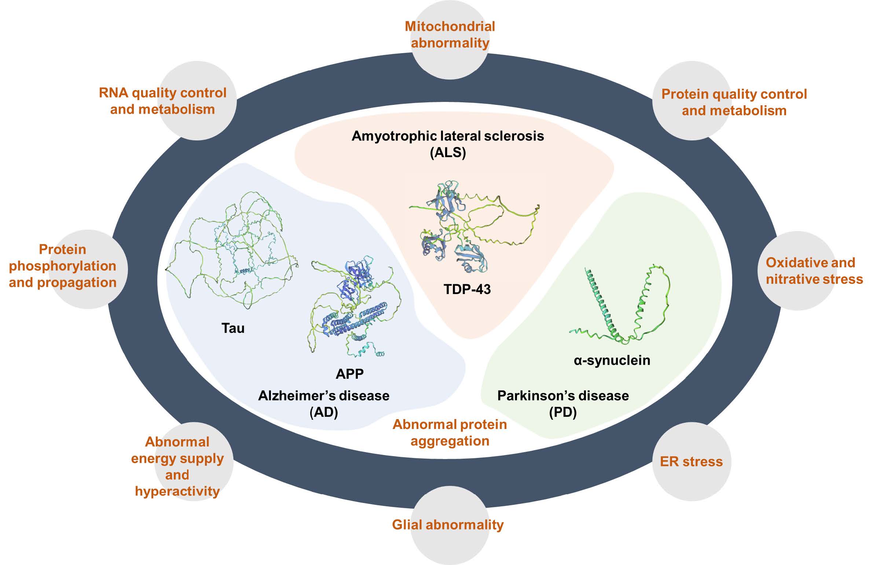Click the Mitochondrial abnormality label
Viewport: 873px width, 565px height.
pos(450,34)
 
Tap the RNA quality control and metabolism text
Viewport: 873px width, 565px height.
pos(162,101)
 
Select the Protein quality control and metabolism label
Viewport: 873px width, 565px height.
pos(734,102)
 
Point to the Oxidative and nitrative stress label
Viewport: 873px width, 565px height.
pos(814,271)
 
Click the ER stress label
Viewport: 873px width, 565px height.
pos(691,461)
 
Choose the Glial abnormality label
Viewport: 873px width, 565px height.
pos(448,524)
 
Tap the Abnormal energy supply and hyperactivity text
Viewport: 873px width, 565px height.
pos(177,466)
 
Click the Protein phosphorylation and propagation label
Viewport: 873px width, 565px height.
pos(62,265)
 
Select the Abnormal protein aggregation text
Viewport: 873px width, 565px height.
pos(450,432)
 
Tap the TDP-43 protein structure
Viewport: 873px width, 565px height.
pos(462,227)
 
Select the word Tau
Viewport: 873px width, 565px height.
pos(233,328)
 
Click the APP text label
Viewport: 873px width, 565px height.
pos(349,374)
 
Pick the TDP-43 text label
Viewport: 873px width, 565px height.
pos(467,289)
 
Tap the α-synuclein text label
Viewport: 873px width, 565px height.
pos(612,360)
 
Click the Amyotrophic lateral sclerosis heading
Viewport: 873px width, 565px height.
pos(448,136)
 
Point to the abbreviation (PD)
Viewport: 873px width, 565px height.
pos(563,412)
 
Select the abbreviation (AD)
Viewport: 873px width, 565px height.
pos(323,412)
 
